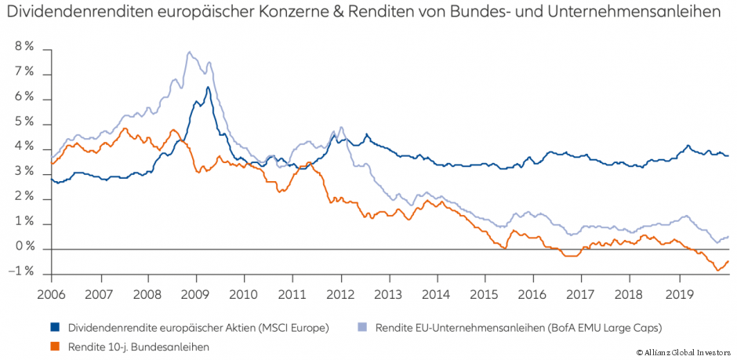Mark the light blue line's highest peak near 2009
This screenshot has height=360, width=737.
pyautogui.click(x=189, y=53)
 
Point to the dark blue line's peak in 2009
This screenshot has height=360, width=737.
pyautogui.click(x=208, y=87)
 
